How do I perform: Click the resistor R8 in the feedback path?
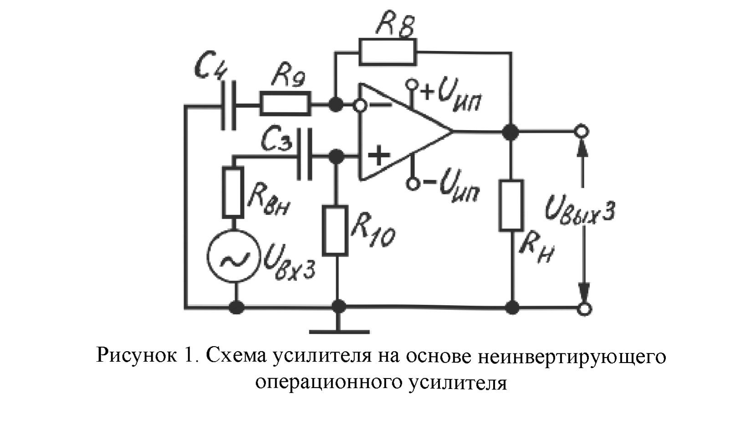click(388, 52)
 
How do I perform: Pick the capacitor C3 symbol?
click(305, 155)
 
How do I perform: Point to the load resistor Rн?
click(511, 205)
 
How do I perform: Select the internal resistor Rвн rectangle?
click(233, 192)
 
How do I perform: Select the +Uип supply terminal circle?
click(412, 85)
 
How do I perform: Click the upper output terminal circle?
click(582, 132)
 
